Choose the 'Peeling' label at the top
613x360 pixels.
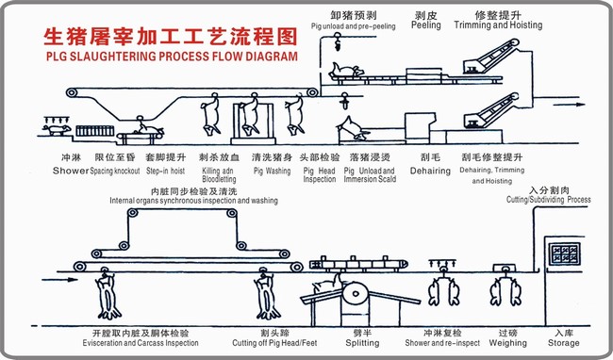click(x=425, y=25)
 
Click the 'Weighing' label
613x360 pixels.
click(x=506, y=344)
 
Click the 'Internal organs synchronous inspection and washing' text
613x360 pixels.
click(x=193, y=201)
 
